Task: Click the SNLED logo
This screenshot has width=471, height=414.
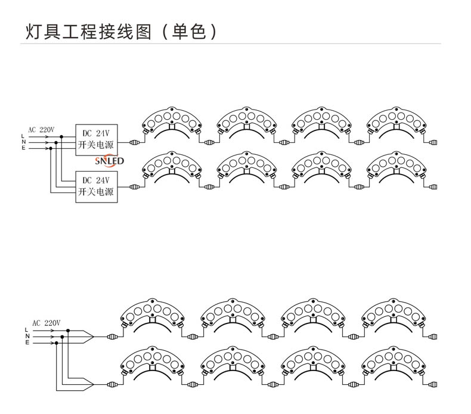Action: (x=109, y=161)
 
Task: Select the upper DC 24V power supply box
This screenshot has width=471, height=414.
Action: (x=96, y=140)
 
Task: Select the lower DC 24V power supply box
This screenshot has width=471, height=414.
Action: (x=96, y=186)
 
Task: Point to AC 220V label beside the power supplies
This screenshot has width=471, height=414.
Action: (x=41, y=129)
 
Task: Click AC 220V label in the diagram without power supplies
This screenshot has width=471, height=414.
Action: (x=46, y=322)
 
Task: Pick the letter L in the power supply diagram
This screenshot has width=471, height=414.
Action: (x=23, y=136)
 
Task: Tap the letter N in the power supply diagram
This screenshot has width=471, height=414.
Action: (x=23, y=142)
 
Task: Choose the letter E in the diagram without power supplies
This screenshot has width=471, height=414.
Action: (x=27, y=343)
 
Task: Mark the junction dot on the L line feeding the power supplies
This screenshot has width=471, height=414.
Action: (x=61, y=136)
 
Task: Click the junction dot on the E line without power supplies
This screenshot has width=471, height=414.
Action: (x=57, y=343)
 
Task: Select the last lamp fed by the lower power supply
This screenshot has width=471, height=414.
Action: (x=397, y=169)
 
